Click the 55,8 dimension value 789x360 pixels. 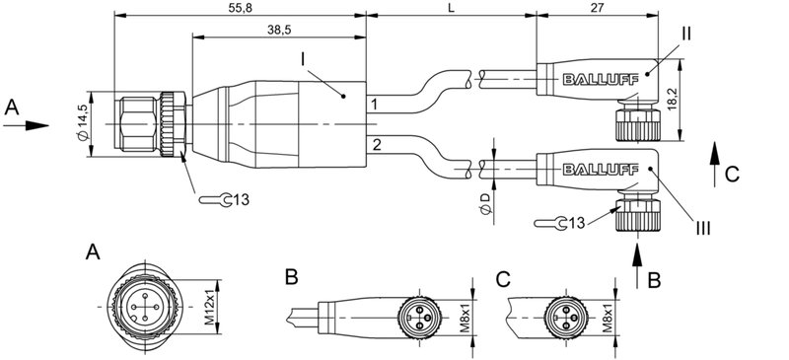(239, 7)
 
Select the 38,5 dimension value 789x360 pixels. (278, 31)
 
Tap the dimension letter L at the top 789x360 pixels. (452, 7)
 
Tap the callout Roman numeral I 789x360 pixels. (306, 60)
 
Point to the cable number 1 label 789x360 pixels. (374, 104)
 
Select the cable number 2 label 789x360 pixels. (374, 146)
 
